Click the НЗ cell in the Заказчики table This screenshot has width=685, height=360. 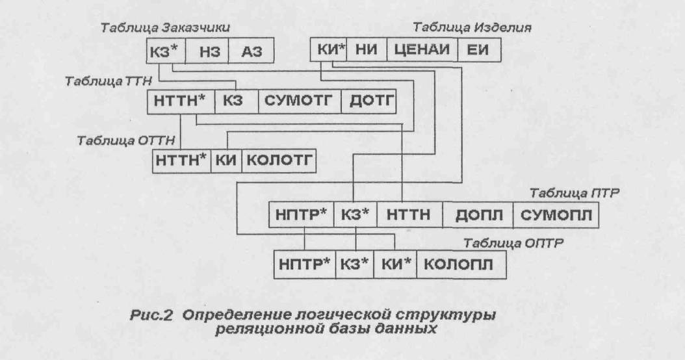[x=206, y=51]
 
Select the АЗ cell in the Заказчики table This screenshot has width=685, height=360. [x=250, y=51]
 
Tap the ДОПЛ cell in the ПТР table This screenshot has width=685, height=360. [x=477, y=215]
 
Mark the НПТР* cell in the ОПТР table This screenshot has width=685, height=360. [x=304, y=265]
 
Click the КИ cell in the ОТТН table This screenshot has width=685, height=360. [x=226, y=160]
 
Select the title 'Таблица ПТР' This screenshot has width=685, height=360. [x=576, y=193]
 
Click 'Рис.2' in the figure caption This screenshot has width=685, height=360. [x=151, y=316]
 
